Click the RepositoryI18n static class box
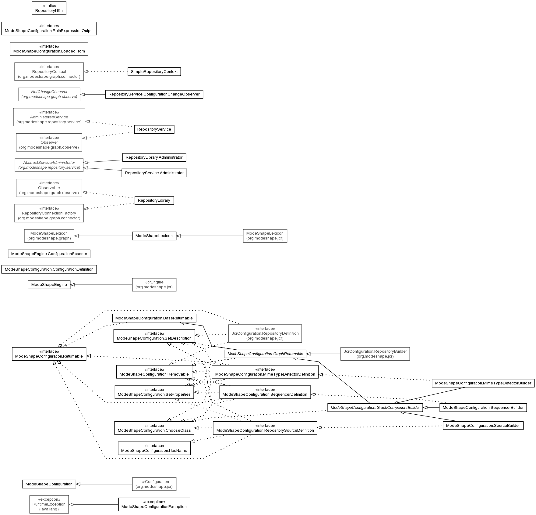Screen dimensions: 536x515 (x=49, y=8)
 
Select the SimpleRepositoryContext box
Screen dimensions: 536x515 (x=154, y=72)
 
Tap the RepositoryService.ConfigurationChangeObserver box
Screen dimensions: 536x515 (x=154, y=94)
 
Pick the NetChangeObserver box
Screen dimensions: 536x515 (x=49, y=94)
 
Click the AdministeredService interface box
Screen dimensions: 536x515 (x=49, y=117)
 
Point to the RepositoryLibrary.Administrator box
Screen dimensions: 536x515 (x=154, y=157)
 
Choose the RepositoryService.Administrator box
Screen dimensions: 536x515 (x=154, y=173)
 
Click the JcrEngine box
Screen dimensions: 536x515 (x=154, y=285)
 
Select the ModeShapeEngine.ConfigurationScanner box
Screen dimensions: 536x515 (x=49, y=254)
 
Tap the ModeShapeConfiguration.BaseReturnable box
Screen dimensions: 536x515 (x=154, y=318)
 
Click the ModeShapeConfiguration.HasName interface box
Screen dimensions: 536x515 (x=154, y=448)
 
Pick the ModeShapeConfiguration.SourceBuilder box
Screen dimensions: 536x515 (x=483, y=426)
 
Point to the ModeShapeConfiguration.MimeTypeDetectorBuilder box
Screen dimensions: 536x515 (x=483, y=383)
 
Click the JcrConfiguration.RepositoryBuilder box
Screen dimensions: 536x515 (x=375, y=354)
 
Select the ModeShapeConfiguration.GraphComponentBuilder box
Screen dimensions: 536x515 (x=375, y=408)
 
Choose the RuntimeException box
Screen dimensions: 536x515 (x=49, y=504)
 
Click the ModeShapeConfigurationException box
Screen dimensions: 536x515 (x=154, y=504)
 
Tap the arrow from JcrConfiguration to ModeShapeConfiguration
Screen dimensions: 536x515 (x=104, y=484)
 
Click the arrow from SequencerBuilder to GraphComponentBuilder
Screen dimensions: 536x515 (x=431, y=408)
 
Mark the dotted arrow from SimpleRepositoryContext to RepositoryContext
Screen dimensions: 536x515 (x=106, y=72)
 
